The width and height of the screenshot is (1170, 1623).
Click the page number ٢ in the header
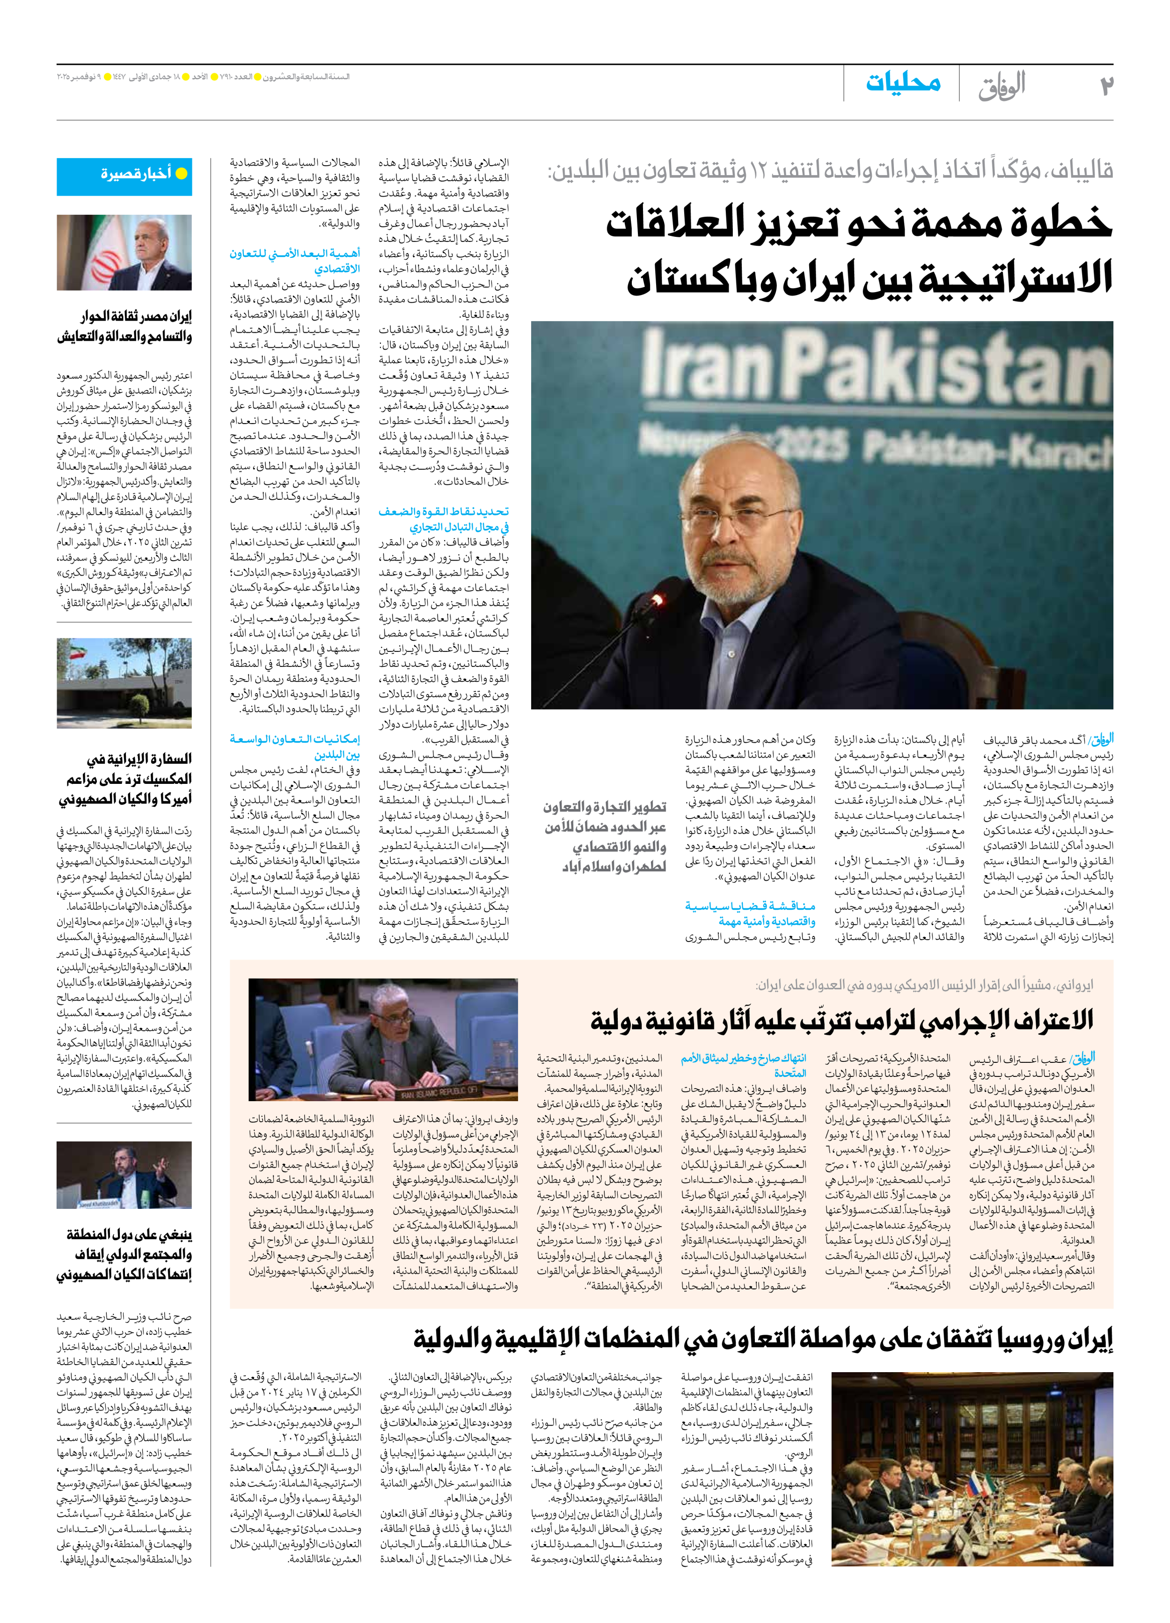1105,85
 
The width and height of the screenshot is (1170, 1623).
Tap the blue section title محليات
903,83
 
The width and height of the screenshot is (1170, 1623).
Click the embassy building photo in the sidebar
124,683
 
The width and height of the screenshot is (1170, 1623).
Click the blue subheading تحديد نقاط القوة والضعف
444,519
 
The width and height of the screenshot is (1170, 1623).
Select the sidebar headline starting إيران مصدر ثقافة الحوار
124,326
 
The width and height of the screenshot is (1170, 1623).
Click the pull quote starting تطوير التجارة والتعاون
605,837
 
